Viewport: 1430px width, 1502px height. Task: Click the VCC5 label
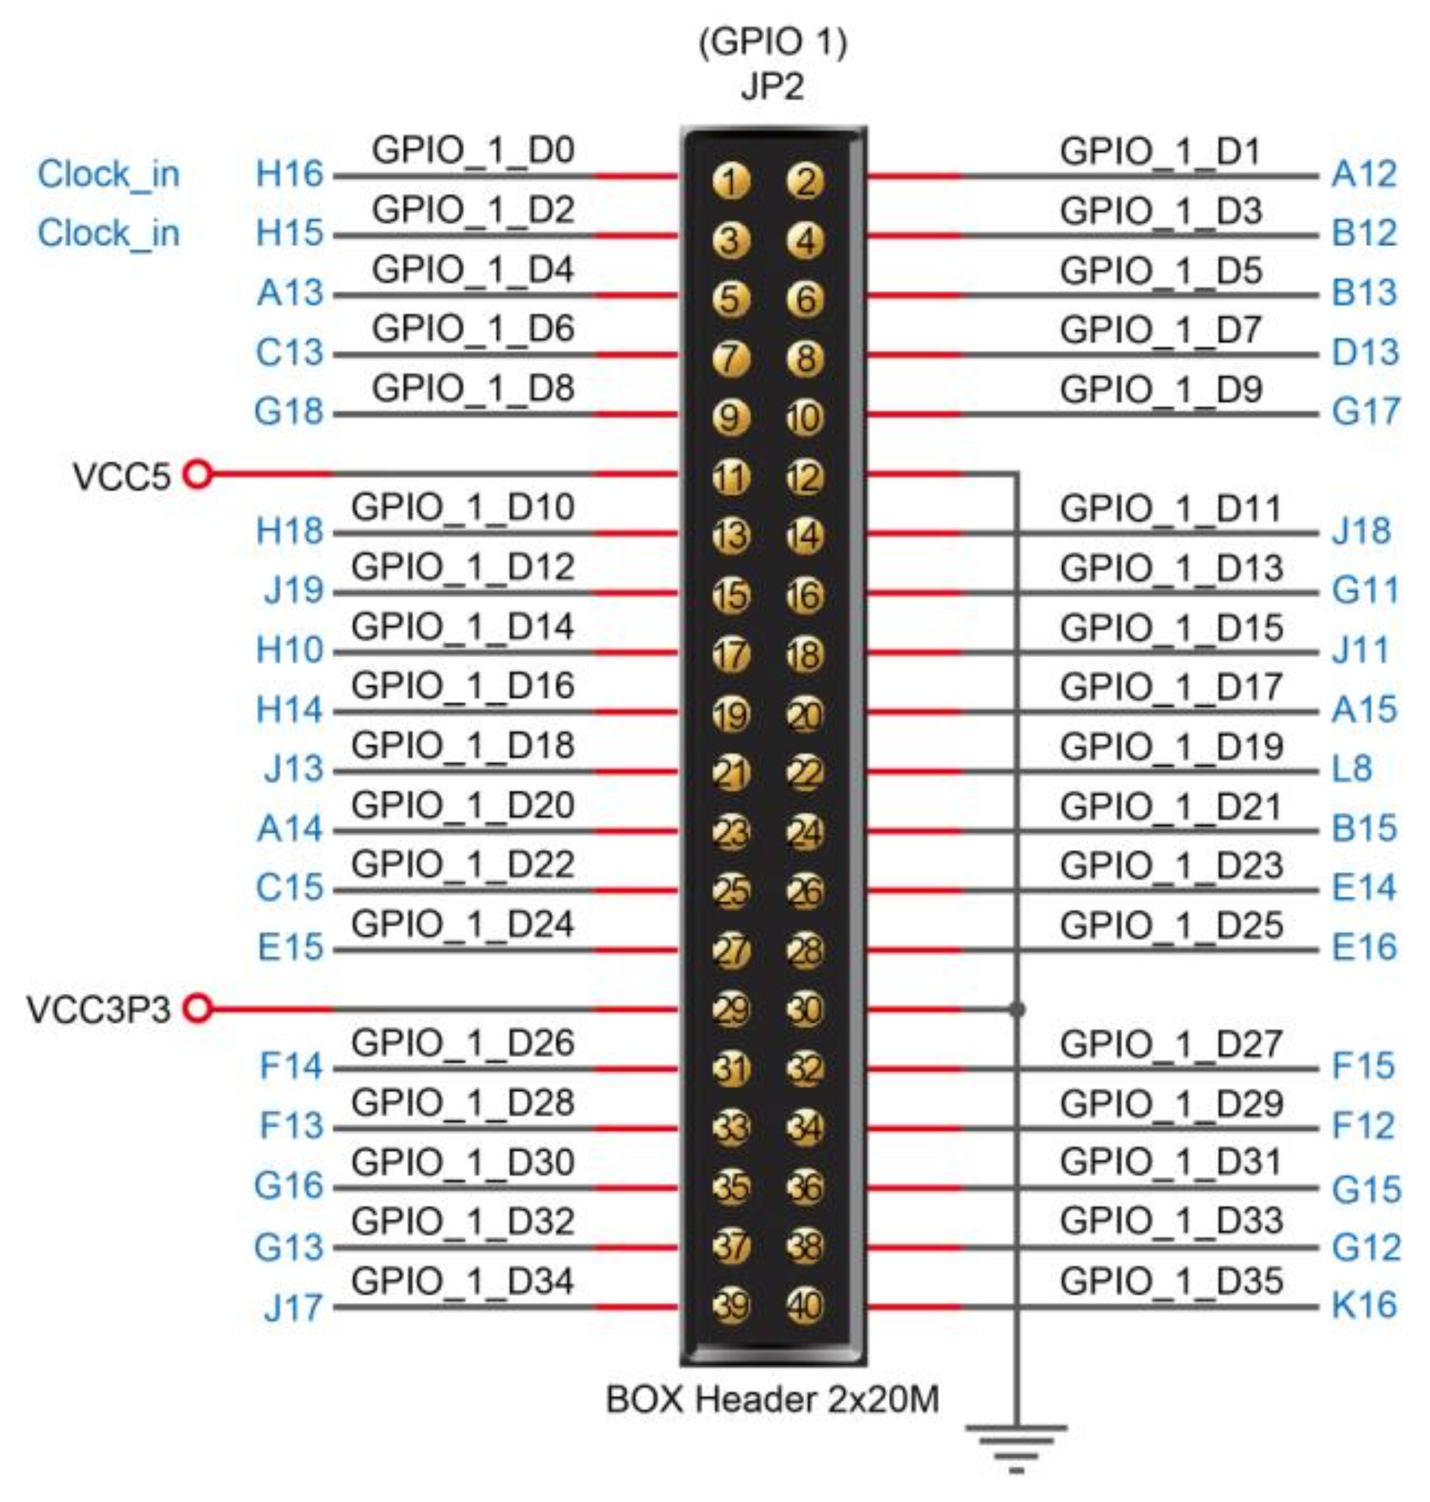(121, 476)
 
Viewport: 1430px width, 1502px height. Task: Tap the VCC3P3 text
(98, 1009)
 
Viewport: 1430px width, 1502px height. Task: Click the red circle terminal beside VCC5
(198, 474)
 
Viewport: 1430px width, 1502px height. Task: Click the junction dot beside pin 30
(1016, 1009)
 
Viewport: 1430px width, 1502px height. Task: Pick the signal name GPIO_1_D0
(473, 150)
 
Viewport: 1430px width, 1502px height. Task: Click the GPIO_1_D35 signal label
(1172, 1281)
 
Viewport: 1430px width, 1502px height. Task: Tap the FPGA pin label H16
(290, 174)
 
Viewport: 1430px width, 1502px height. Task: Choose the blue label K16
(1364, 1305)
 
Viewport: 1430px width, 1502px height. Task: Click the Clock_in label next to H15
(109, 233)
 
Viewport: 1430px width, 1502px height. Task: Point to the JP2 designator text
(772, 86)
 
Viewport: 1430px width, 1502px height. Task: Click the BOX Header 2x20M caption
(772, 1399)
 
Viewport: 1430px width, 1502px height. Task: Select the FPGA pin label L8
(1351, 769)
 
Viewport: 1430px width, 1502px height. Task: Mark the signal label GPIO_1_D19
(1172, 746)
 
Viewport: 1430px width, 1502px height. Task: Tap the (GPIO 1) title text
(772, 42)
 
